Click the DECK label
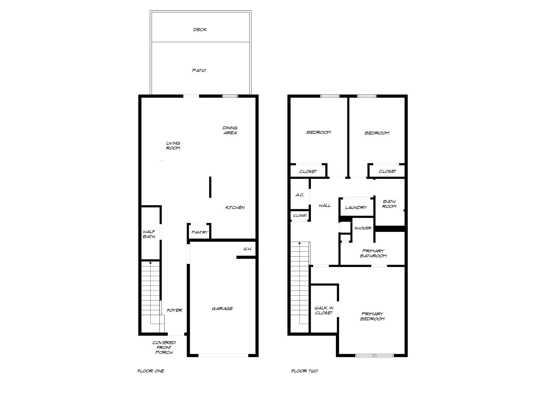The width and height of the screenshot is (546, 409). point(200,30)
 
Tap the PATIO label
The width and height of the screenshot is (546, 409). point(199,71)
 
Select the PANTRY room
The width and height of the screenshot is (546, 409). point(199,232)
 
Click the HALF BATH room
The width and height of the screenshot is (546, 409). point(149,234)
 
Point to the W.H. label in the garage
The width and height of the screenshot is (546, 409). point(247,249)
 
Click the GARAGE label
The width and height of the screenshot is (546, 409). point(222,309)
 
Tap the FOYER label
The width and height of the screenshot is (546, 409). point(174,310)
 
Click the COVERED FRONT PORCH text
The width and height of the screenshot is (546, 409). point(164,347)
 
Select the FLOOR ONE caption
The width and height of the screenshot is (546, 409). point(151,371)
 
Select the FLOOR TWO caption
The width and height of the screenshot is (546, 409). point(304,371)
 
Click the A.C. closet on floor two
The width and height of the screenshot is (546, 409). point(300,195)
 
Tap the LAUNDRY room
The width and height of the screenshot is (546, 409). point(356,207)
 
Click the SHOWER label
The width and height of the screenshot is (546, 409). point(363,228)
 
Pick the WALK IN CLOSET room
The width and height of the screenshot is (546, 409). point(324,310)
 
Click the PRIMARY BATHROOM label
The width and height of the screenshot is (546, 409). point(373,253)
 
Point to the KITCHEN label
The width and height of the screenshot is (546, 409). point(235,207)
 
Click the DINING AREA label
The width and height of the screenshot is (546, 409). point(230,130)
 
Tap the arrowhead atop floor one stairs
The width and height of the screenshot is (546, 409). point(151,263)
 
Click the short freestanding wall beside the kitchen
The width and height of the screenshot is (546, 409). point(210,187)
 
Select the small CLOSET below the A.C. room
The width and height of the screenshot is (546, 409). point(300,216)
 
